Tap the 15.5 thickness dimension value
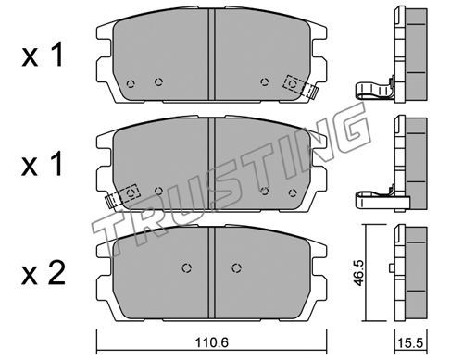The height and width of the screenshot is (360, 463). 410,343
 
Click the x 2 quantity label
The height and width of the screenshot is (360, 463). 44,273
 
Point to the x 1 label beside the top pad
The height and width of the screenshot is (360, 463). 43,55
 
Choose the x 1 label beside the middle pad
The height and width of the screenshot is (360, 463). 43,164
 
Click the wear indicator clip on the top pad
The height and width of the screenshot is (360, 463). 300,87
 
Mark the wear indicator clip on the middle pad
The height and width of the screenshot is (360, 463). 122,197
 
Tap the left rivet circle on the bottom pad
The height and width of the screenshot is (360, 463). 186,268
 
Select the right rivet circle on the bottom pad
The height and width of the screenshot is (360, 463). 236,268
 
